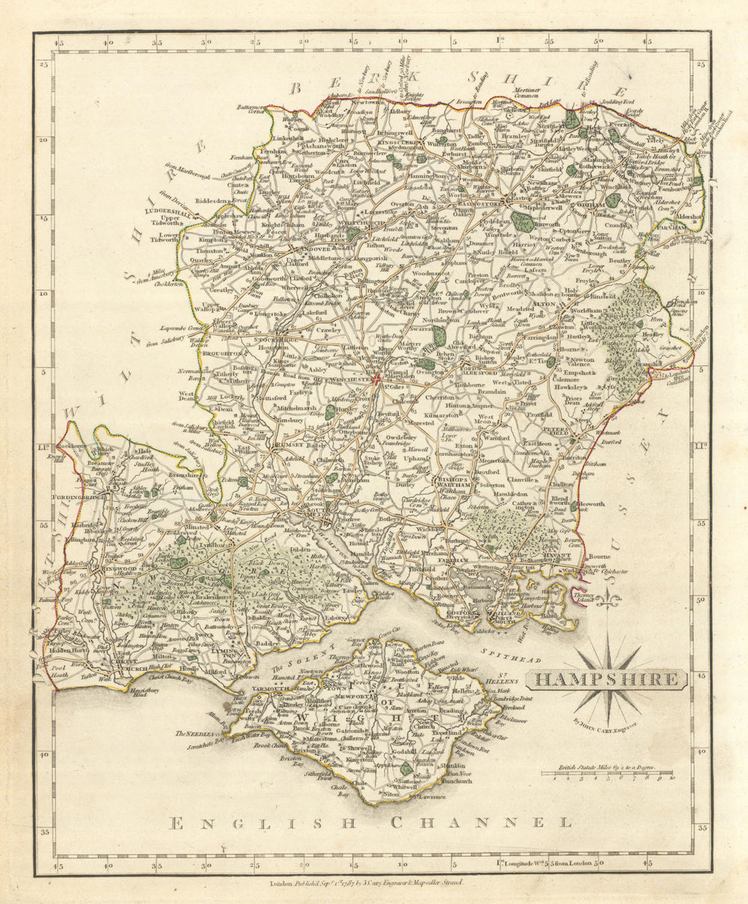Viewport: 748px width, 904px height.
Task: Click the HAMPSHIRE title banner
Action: tap(606, 679)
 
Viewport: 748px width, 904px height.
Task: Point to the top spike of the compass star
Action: tap(608, 637)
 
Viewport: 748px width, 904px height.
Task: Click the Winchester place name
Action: tap(347, 379)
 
